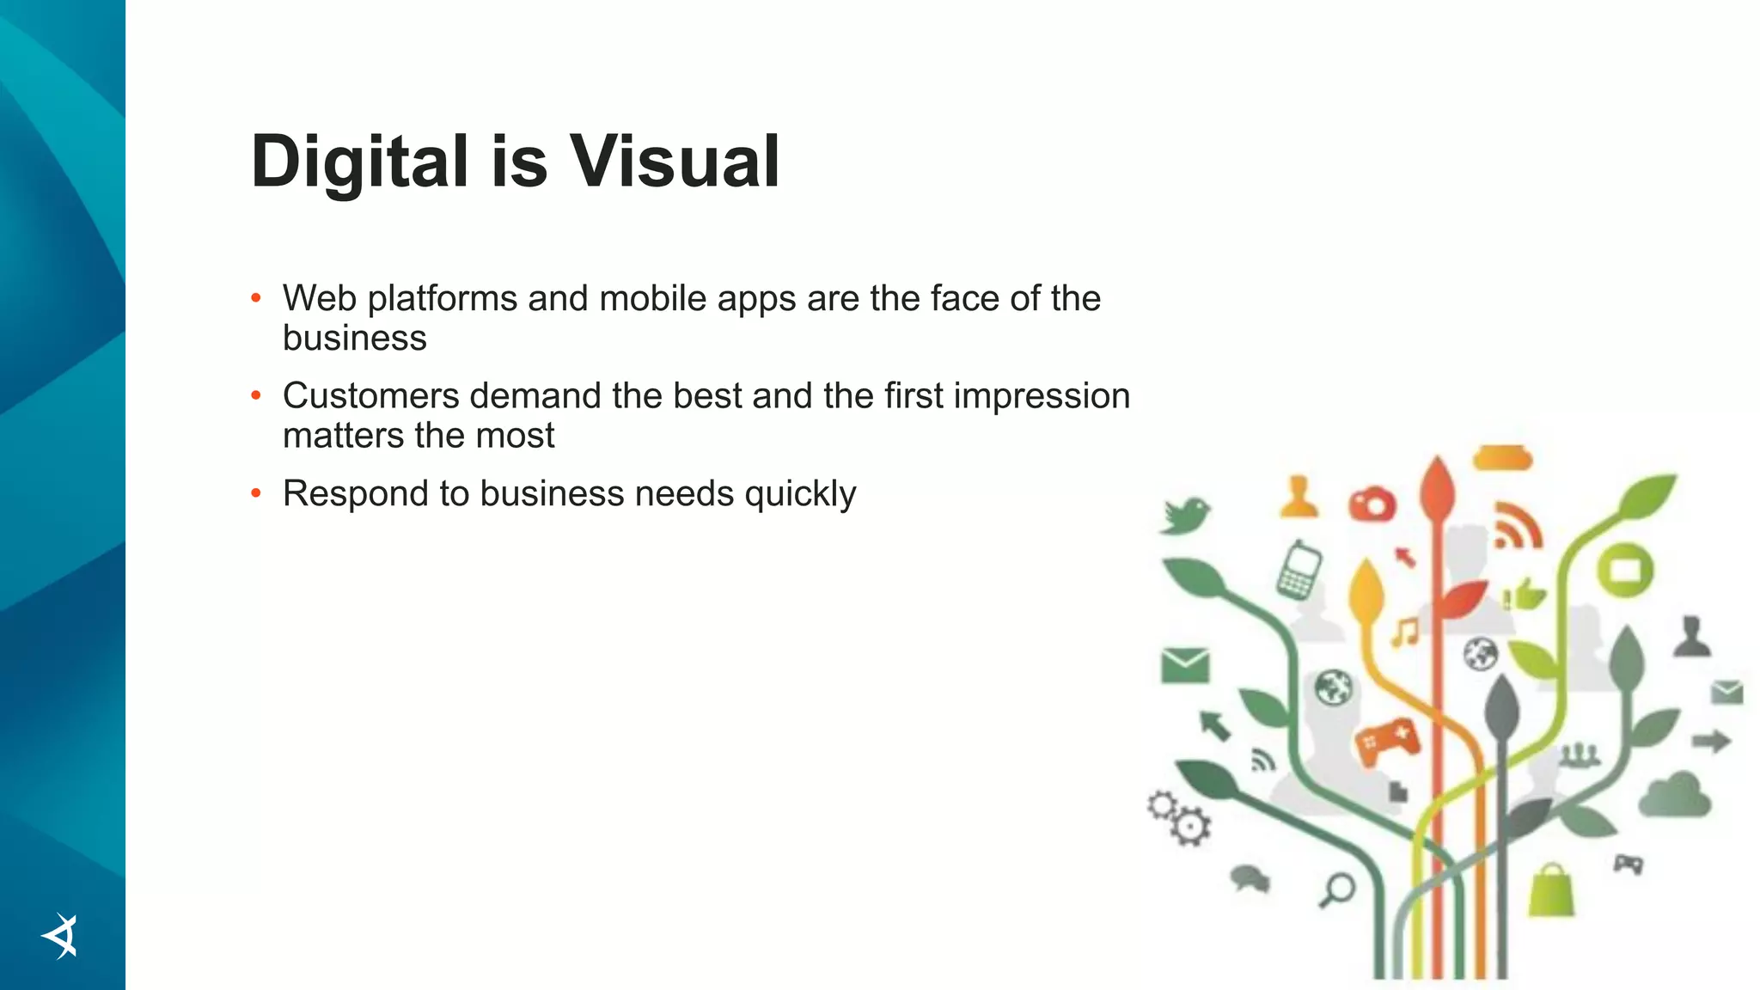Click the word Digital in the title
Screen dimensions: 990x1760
click(x=359, y=162)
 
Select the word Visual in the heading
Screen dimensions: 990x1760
click(x=675, y=162)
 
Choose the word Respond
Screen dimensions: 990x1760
click(x=355, y=494)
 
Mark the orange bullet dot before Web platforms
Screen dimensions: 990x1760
click(x=255, y=299)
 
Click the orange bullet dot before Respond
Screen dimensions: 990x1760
click(x=255, y=494)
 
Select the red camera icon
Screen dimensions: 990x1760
click(x=1372, y=504)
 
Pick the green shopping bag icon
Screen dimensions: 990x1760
click(x=1551, y=890)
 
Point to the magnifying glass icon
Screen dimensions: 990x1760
click(x=1337, y=889)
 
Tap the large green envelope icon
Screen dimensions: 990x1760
click(x=1185, y=665)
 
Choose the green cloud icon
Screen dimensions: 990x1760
click(x=1675, y=796)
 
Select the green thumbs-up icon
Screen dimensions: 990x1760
click(x=1526, y=594)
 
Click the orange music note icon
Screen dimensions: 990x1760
click(x=1406, y=632)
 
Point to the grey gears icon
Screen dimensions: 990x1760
click(x=1178, y=817)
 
